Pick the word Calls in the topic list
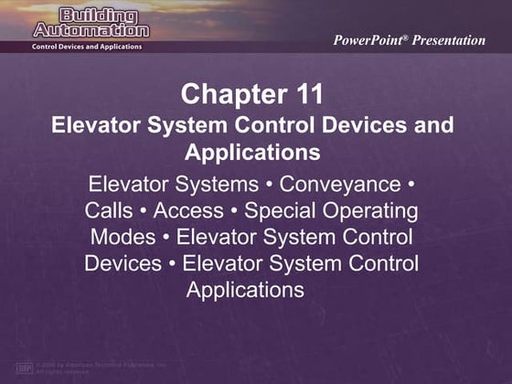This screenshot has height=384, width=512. click(x=109, y=211)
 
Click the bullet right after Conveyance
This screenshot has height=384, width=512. click(x=410, y=185)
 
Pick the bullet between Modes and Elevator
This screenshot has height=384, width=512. click(x=167, y=238)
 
